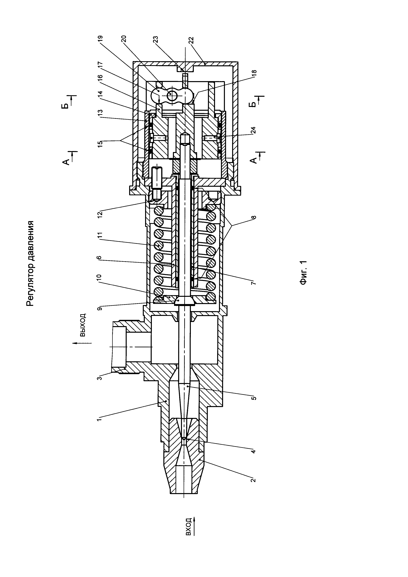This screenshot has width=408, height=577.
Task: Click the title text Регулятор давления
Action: click(x=30, y=264)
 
